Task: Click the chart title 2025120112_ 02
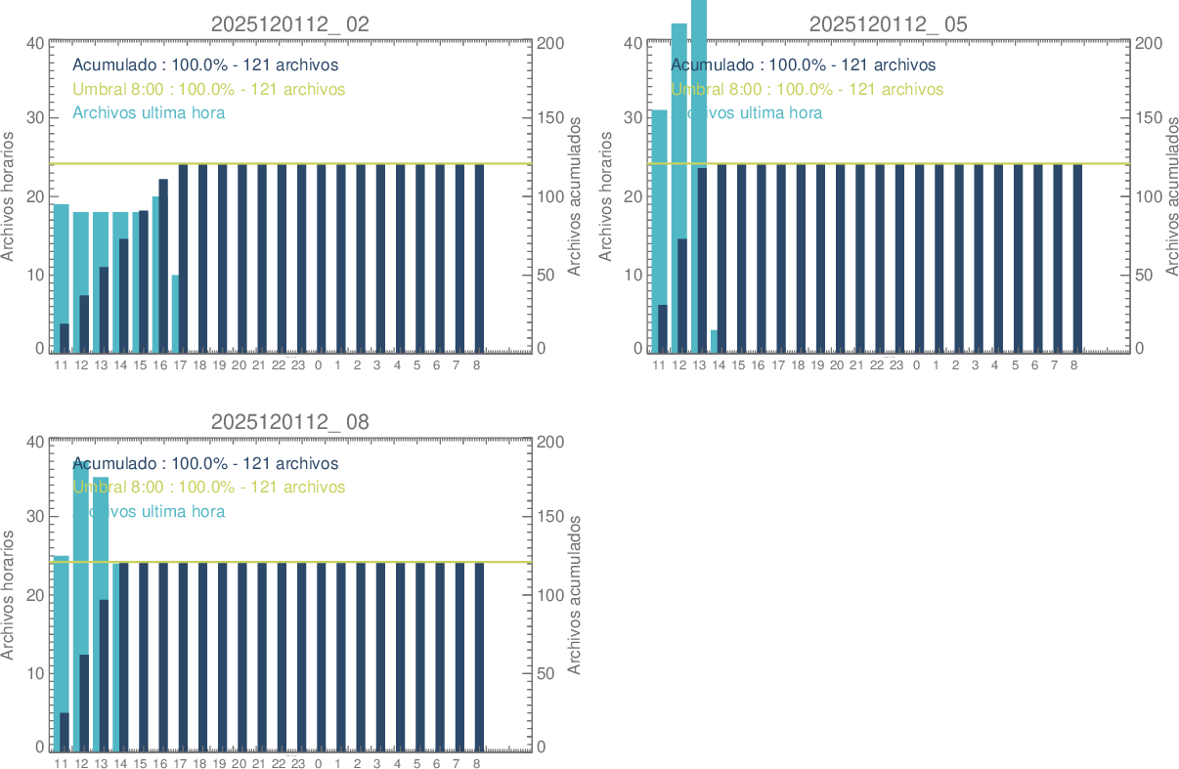tap(290, 24)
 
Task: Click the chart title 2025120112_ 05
tap(888, 24)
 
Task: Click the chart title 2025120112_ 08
tap(290, 422)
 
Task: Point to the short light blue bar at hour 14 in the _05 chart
tap(714, 340)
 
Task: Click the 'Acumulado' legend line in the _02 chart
tap(205, 65)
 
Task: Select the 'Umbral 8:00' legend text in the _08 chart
tap(208, 487)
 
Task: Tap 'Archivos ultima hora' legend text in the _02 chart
tap(149, 112)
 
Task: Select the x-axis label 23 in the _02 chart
tap(298, 365)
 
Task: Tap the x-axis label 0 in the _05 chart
tap(916, 365)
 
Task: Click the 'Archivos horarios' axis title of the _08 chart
tap(9, 594)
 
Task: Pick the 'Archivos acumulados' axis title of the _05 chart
tap(1171, 195)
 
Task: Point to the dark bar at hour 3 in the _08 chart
tap(380, 655)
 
